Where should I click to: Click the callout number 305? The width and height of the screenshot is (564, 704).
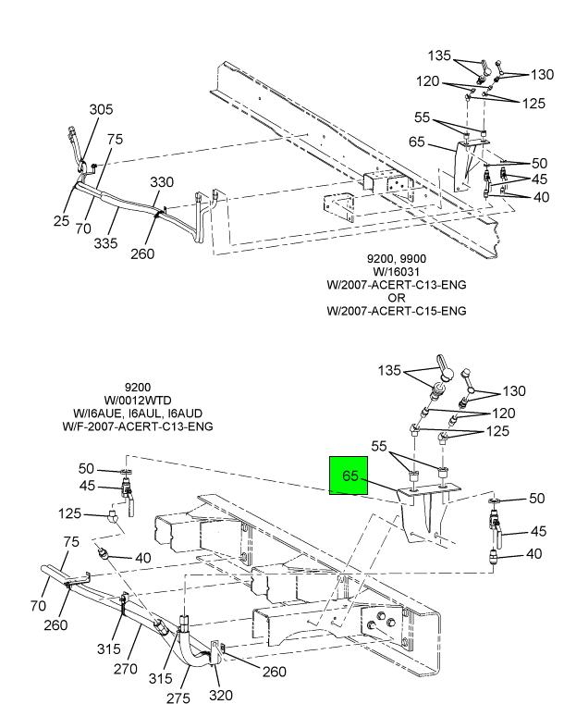101,109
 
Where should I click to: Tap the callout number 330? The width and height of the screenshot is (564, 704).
163,182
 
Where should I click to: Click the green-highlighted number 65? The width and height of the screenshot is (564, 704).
350,476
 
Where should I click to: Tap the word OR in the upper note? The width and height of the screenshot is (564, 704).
396,298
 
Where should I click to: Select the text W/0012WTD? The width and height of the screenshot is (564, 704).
137,400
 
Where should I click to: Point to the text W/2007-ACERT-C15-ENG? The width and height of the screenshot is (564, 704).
396,311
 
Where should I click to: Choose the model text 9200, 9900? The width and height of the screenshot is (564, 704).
396,259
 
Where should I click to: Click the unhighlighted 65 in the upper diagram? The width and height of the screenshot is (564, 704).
417,142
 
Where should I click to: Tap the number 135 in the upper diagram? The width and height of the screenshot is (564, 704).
439,56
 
